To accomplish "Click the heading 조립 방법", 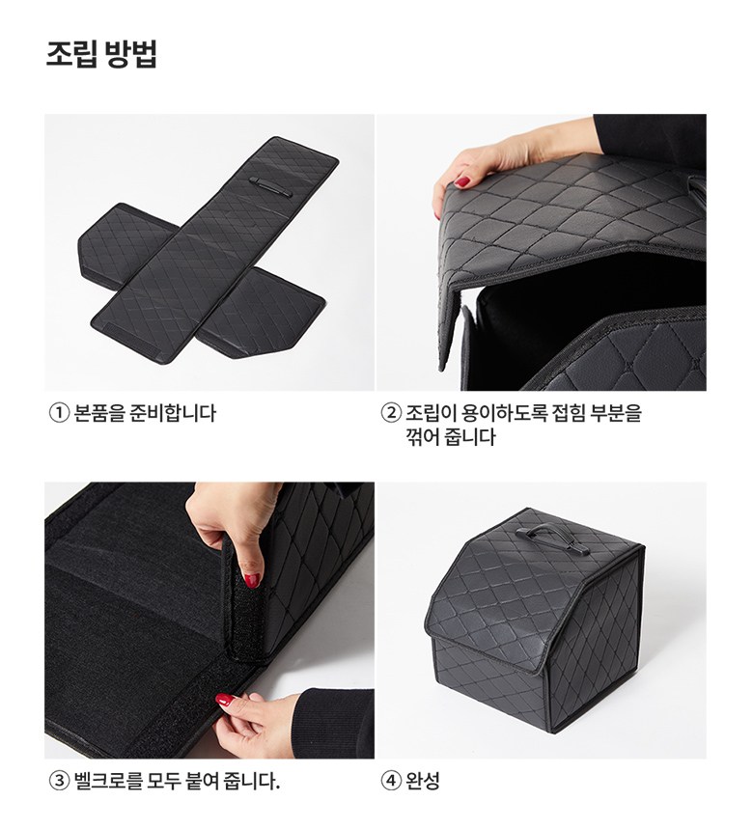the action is click(101, 53).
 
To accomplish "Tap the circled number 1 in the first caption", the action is click(59, 413).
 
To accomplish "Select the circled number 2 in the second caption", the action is click(390, 413).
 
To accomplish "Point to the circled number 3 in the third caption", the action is click(59, 780).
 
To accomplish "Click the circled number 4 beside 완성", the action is click(390, 780).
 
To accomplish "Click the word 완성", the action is click(423, 780).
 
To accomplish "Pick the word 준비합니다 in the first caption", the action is click(173, 413).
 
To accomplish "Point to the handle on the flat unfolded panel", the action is click(269, 188).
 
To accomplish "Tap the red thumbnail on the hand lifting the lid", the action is click(463, 182).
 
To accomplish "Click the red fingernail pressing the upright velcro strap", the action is click(252, 580).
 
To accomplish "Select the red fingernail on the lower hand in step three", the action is click(226, 700).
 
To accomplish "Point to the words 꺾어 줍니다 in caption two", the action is click(451, 437).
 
